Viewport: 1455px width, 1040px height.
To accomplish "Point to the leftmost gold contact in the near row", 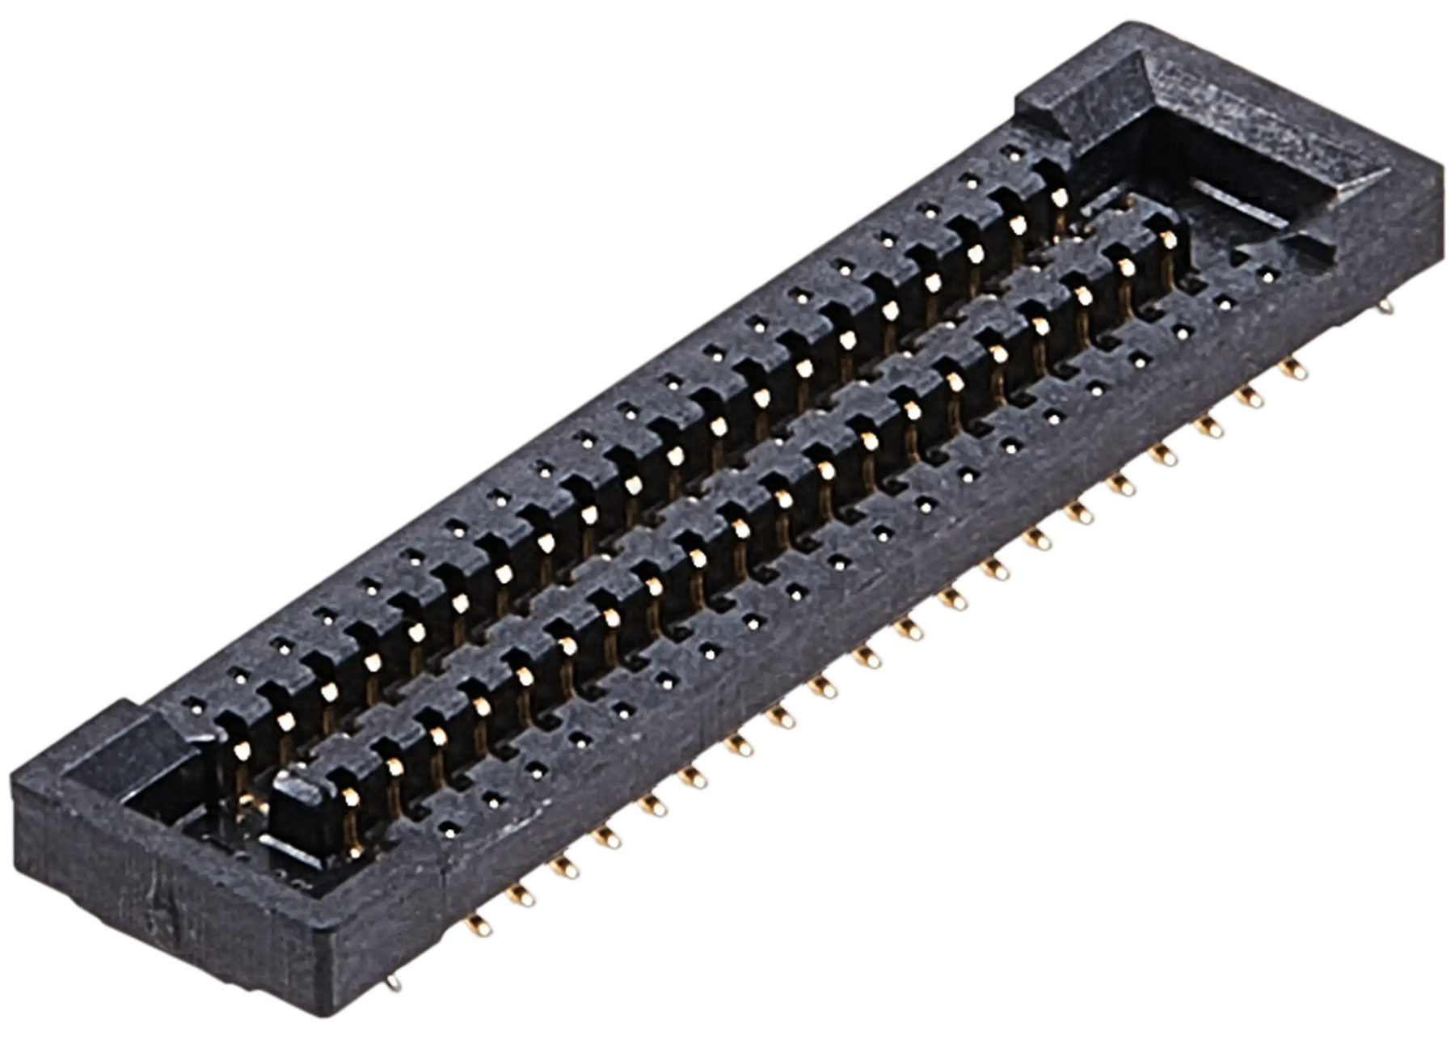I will tap(350, 797).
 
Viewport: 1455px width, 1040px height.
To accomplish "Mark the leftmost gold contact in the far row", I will tap(240, 750).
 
